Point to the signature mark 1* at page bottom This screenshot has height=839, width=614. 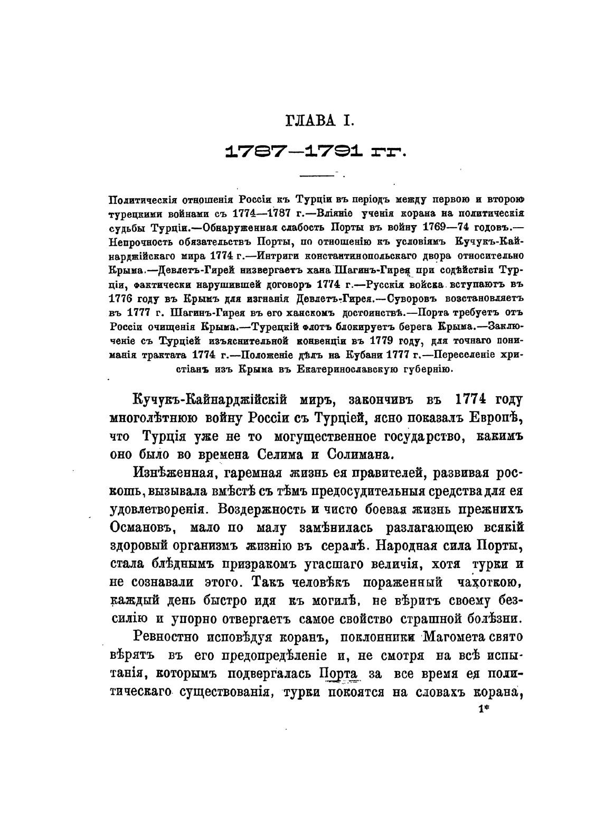(x=484, y=711)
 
